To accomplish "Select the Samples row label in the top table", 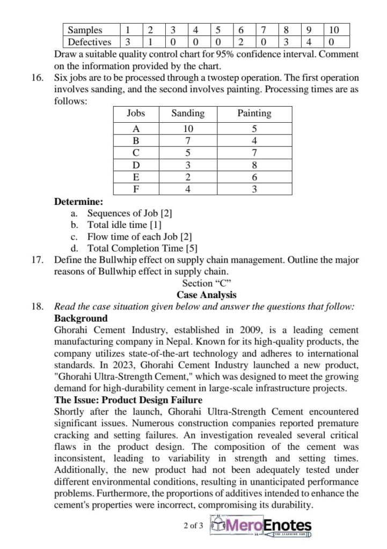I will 85,30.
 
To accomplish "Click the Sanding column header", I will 187,113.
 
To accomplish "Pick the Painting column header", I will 254,113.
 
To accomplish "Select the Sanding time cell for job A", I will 187,129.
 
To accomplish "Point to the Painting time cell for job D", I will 254,165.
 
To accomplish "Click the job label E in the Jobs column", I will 136,177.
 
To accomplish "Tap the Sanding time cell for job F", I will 187,189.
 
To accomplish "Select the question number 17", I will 37,260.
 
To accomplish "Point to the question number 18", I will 37,307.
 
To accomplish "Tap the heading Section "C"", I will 206,283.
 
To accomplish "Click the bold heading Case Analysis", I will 206,295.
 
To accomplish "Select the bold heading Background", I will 81,318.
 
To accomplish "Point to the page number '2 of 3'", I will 193,525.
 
